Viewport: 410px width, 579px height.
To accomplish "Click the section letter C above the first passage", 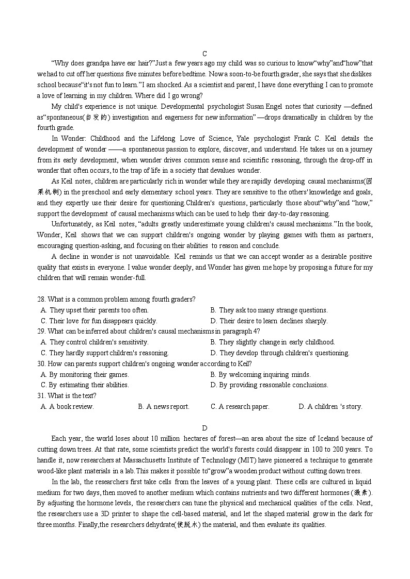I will [204, 54].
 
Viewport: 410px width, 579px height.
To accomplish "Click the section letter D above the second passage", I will [204, 428].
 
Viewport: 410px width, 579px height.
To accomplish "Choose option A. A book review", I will [67, 407].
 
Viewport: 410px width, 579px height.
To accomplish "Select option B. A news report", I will [164, 407].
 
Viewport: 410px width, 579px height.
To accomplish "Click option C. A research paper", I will [240, 407].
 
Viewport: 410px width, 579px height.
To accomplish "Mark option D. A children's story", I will [330, 407].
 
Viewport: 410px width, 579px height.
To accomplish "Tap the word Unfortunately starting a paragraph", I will [72, 224].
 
